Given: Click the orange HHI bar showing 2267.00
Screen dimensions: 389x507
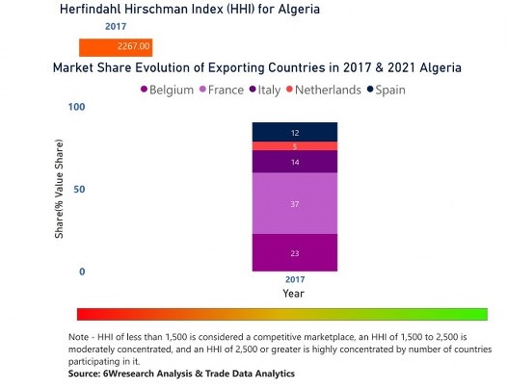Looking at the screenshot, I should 116,47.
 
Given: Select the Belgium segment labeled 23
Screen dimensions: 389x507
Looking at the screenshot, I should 295,252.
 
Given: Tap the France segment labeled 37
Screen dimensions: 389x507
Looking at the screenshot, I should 295,204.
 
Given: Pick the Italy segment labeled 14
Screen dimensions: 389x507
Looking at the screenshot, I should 295,162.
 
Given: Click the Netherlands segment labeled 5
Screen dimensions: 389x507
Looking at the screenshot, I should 295,146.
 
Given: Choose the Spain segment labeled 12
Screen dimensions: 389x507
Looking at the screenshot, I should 295,132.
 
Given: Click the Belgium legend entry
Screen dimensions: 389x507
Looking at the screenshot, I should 167,90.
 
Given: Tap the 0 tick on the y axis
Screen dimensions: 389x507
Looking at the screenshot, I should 82,272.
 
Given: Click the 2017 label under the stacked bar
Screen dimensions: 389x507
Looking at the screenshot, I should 294,278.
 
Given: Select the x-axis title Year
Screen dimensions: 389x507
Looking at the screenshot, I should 294,292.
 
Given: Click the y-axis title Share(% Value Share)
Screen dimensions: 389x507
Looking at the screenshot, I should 59,189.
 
